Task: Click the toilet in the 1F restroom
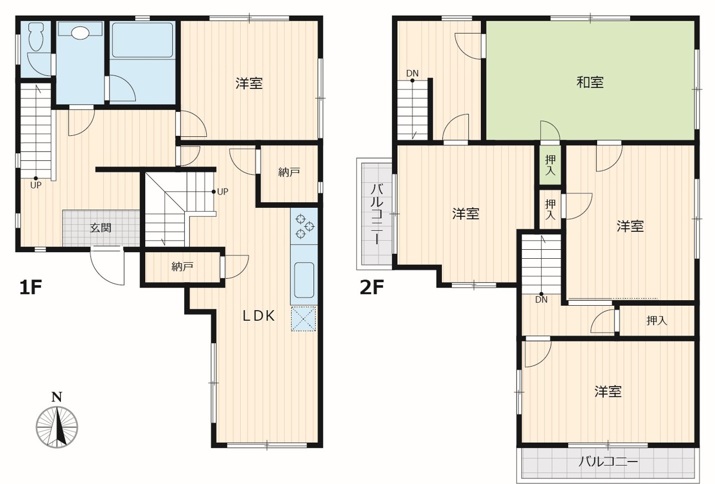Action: (35, 37)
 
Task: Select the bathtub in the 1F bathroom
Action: (142, 40)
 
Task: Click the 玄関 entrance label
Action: (101, 228)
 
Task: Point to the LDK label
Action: (259, 316)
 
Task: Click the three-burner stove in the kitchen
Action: (304, 226)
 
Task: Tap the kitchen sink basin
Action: (304, 279)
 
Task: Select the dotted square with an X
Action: (303, 319)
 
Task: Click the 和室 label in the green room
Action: (590, 82)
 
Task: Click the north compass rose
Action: (57, 427)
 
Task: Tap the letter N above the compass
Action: (57, 397)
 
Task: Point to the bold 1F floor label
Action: (31, 287)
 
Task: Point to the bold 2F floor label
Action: (371, 287)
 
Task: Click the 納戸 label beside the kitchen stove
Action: (289, 172)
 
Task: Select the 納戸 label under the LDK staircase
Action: (182, 266)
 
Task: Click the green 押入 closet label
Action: (550, 165)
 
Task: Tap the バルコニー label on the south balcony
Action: (608, 462)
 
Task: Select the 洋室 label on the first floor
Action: (249, 83)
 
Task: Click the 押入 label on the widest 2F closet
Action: (657, 321)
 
